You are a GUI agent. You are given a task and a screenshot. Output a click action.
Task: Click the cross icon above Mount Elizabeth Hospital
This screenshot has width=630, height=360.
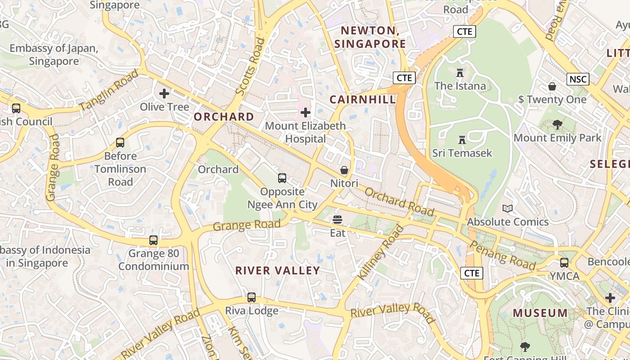306,112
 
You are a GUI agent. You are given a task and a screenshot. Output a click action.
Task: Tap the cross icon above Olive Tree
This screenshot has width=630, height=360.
164,94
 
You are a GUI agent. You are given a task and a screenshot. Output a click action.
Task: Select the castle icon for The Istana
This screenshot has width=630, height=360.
459,72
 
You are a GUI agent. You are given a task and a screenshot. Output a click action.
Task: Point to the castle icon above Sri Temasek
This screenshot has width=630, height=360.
462,139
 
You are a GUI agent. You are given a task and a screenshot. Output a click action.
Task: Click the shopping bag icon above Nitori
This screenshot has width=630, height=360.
344,170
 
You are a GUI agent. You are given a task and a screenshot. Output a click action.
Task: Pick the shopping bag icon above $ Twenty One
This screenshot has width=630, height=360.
552,86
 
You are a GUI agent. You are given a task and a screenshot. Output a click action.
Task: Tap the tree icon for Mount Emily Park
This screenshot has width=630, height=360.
558,125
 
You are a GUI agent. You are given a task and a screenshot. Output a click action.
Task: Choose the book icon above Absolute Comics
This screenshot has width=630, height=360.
508,208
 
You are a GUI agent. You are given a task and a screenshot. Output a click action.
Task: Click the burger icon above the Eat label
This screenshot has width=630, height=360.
337,220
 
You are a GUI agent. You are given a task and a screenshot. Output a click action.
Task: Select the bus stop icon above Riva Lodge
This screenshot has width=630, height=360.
252,297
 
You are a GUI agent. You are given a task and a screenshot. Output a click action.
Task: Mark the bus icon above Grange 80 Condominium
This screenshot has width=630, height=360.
153,240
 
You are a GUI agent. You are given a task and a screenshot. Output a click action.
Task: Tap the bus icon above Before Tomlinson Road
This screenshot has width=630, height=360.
120,143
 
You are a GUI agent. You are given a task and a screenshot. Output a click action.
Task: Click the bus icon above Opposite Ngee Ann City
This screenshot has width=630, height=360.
282,178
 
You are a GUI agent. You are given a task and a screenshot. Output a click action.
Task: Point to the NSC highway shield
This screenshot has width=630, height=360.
578,80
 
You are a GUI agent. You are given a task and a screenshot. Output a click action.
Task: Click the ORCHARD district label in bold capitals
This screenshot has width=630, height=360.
224,117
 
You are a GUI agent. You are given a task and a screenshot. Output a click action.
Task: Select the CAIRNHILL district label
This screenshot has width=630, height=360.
363,99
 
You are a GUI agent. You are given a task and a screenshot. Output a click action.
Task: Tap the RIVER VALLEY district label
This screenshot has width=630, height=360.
278,270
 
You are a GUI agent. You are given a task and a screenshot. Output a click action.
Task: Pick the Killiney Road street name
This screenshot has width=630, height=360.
381,252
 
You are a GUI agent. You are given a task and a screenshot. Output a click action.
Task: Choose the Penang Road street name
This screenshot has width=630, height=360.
503,255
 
